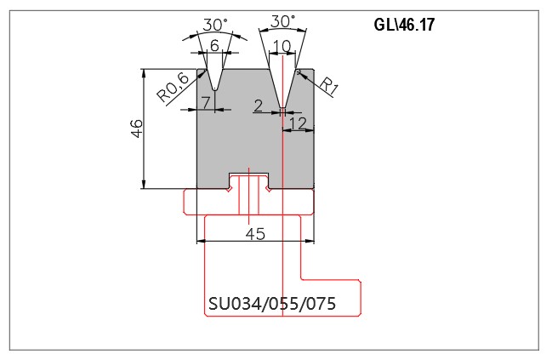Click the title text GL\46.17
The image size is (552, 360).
tap(404, 25)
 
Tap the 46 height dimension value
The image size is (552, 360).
tap(137, 129)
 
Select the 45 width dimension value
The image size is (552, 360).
tap(255, 233)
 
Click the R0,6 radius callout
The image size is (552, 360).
tap(173, 89)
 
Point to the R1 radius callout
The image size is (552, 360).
tap(329, 86)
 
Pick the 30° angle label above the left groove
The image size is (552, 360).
tap(215, 25)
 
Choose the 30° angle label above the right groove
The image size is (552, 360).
tap(282, 21)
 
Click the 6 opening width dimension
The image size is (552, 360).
tap(214, 45)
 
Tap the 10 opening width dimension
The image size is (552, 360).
tap(282, 46)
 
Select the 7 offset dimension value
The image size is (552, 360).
tap(207, 102)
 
